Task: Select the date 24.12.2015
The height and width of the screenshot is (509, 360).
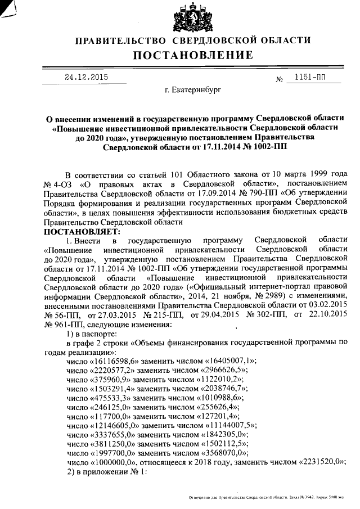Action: [x=85, y=76]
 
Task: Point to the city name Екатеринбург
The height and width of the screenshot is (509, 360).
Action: [x=193, y=89]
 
